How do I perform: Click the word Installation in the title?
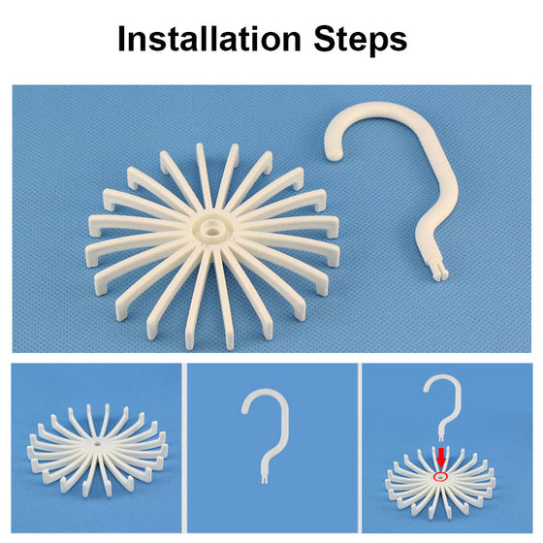pyautogui.click(x=209, y=39)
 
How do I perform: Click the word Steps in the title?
pyautogui.click(x=360, y=40)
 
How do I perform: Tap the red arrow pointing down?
pyautogui.click(x=441, y=458)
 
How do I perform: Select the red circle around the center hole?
pyautogui.click(x=440, y=477)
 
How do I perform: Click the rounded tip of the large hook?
pyautogui.click(x=334, y=152)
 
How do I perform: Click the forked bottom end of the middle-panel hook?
pyautogui.click(x=264, y=478)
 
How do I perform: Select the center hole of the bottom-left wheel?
pyautogui.click(x=97, y=443)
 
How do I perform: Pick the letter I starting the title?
pyautogui.click(x=121, y=39)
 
